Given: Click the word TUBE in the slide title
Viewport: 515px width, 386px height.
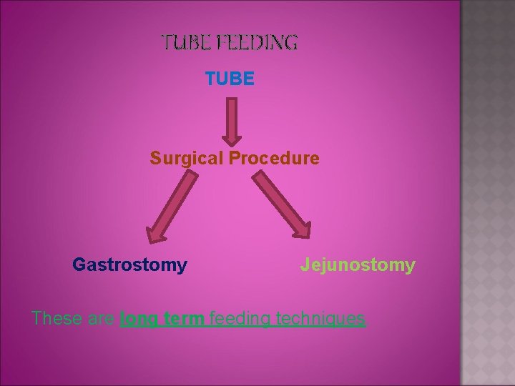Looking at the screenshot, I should (x=182, y=43).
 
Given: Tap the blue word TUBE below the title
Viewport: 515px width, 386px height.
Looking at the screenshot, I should (x=229, y=79).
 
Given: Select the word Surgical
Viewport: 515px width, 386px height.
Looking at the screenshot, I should (x=187, y=158).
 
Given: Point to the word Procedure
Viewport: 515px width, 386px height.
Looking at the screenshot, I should (x=274, y=158).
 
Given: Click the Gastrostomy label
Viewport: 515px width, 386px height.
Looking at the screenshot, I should (x=129, y=265).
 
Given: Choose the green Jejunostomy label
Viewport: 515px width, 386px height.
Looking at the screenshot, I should (x=358, y=265).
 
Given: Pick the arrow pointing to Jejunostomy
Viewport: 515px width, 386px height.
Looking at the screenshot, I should (x=283, y=207).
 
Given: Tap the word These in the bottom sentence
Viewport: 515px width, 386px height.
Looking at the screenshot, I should (x=57, y=318).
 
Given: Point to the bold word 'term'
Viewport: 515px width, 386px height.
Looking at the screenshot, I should (x=180, y=318).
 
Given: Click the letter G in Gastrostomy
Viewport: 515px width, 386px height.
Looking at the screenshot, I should (x=79, y=265).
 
